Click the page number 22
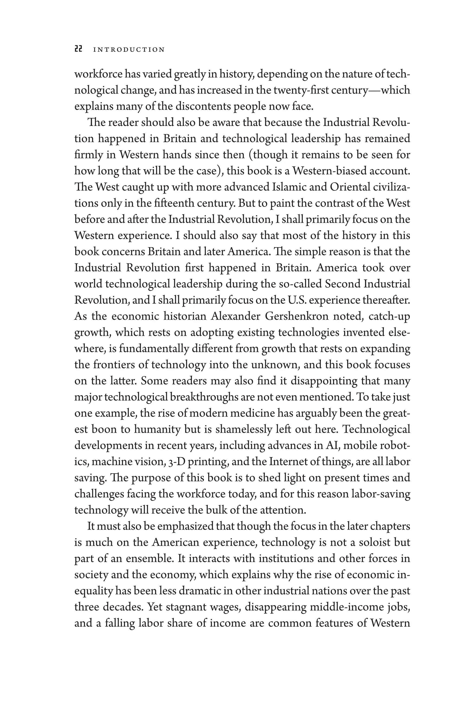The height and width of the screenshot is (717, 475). [x=78, y=49]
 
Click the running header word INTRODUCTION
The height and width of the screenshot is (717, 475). [x=129, y=50]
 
